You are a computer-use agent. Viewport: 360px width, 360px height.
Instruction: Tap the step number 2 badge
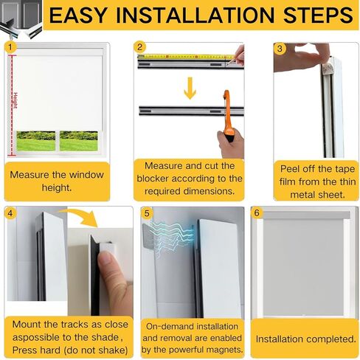pos(140,47)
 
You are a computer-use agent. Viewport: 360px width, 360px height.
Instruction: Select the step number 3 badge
pos(280,49)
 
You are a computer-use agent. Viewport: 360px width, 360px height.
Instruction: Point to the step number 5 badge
pos(146,214)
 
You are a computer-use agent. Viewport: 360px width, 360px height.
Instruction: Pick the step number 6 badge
pos(256,213)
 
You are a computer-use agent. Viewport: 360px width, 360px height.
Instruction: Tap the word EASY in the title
pos(79,15)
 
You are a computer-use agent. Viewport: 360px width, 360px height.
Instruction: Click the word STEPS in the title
pos(311,15)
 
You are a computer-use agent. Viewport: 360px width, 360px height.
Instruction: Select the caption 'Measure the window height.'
pos(56,181)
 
